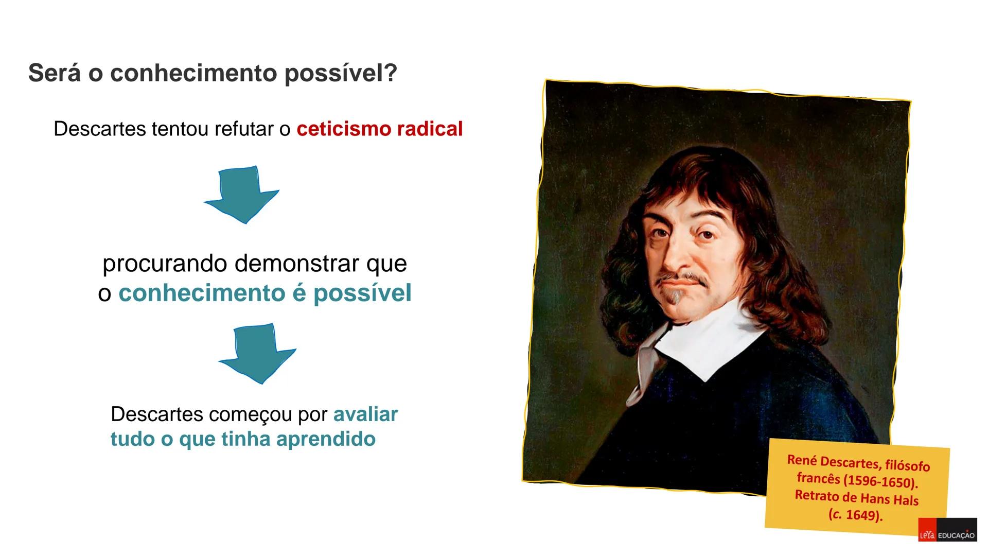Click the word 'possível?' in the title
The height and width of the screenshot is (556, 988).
341,74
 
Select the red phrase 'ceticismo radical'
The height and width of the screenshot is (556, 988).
379,129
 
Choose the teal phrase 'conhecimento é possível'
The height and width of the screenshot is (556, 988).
264,293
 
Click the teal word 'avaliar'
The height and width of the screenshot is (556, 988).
365,414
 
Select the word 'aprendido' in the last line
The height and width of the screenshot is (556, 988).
326,439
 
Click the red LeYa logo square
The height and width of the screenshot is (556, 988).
927,535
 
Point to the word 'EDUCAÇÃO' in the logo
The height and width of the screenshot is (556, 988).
956,536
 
